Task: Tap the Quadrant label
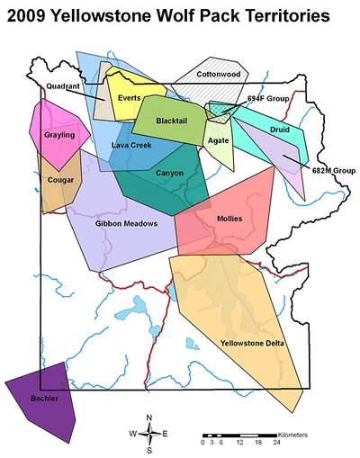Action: click(63, 86)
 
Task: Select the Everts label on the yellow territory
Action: click(129, 97)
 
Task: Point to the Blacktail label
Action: click(171, 121)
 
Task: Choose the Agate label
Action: click(218, 140)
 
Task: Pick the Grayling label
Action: click(59, 135)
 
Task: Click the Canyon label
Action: click(169, 173)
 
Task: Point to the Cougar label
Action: click(60, 179)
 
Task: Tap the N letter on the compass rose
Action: click(149, 417)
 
